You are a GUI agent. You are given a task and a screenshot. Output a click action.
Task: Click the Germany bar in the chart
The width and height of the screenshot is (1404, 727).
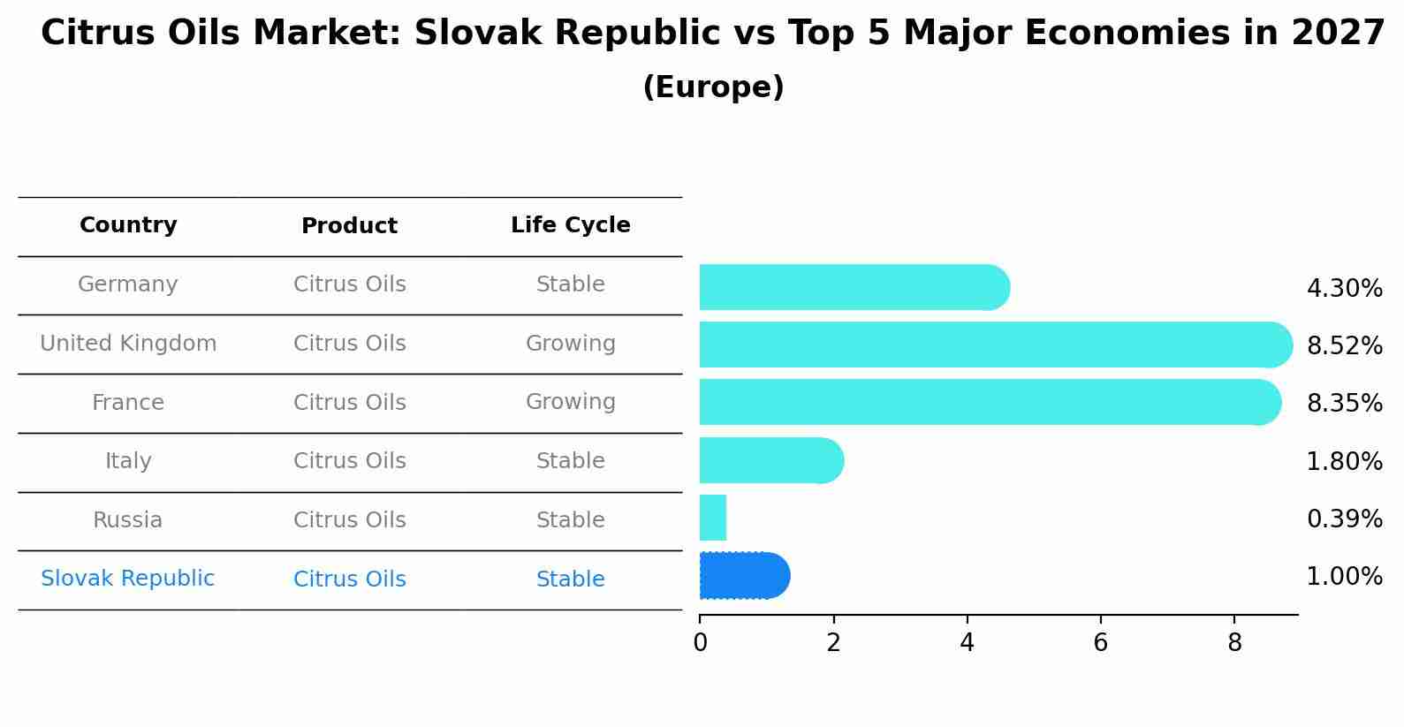pos(853,287)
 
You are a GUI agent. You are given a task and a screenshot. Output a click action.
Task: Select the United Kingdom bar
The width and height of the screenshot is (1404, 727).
pos(994,345)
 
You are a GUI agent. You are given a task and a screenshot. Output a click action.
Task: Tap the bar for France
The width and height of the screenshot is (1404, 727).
pos(989,402)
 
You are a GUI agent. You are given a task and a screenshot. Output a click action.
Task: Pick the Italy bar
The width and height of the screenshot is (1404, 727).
pos(770,460)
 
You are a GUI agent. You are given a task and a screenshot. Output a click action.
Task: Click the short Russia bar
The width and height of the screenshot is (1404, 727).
pos(713,518)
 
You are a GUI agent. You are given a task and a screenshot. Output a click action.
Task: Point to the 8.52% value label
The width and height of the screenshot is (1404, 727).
pos(1344,345)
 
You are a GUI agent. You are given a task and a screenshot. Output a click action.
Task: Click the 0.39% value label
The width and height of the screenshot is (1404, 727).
pos(1344,519)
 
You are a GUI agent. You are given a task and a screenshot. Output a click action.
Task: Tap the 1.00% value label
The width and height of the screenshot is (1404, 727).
pos(1344,577)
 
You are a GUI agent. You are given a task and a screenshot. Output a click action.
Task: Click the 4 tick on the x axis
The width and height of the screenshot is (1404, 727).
pos(967,643)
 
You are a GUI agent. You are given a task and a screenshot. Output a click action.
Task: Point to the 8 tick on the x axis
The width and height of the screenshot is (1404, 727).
pos(1234,643)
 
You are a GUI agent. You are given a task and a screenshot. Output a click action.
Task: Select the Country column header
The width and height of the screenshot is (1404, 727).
pos(128,225)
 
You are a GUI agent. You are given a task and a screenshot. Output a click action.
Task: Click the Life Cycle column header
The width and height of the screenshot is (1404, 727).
pos(570,225)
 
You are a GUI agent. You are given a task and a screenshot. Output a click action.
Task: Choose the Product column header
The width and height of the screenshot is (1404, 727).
pos(349,226)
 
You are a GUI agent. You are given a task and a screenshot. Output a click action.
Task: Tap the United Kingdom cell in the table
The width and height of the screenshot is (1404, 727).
pos(128,344)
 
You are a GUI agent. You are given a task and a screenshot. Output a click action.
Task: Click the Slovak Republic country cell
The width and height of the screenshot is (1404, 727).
pos(127,579)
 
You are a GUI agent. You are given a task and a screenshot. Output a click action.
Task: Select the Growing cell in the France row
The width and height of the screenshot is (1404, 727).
pos(570,402)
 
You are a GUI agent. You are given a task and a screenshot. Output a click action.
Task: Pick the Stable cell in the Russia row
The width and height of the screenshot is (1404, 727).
pos(570,520)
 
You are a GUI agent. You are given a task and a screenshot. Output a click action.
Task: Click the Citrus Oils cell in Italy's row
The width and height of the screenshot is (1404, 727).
pos(349,461)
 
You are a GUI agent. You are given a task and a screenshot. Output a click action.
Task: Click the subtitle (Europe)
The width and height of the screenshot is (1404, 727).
pos(713,87)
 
